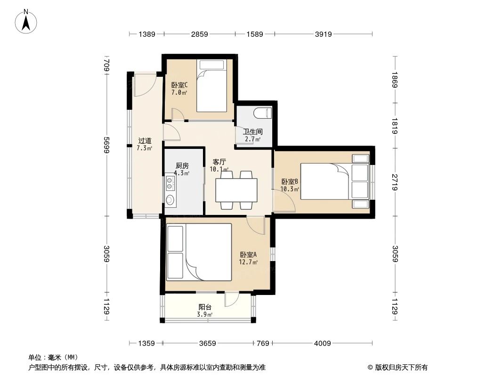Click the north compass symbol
pyautogui.click(x=26, y=21)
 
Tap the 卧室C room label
pyautogui.click(x=179, y=85)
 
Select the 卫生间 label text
pyautogui.click(x=252, y=131)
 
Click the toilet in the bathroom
pyautogui.click(x=262, y=113)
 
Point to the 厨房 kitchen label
pyautogui.click(x=182, y=166)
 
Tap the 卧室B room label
pyautogui.click(x=290, y=181)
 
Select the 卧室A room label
pyautogui.click(x=248, y=255)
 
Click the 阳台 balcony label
pyautogui.click(x=205, y=307)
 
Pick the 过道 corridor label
pyautogui.click(x=145, y=140)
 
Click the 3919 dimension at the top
pyautogui.click(x=324, y=34)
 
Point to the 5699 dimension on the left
pyautogui.click(x=107, y=145)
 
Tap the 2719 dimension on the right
pyautogui.click(x=395, y=181)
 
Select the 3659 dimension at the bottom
pyautogui.click(x=207, y=344)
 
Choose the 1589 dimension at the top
pyautogui.click(x=254, y=34)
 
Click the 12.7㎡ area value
pyautogui.click(x=248, y=262)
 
